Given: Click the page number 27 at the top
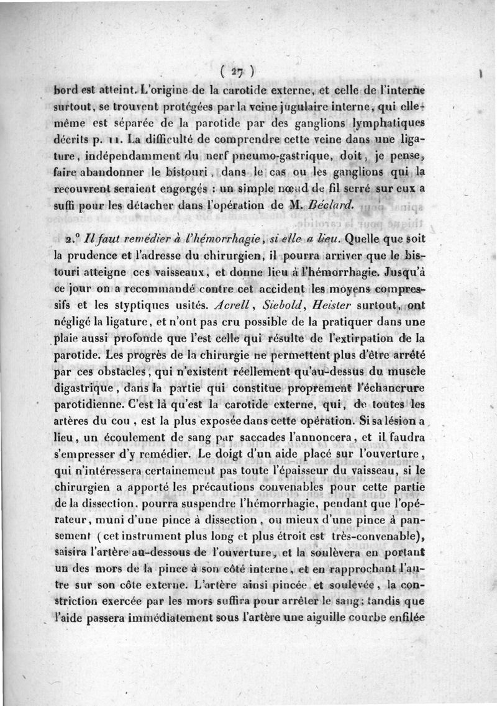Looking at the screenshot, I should pos(239,67).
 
